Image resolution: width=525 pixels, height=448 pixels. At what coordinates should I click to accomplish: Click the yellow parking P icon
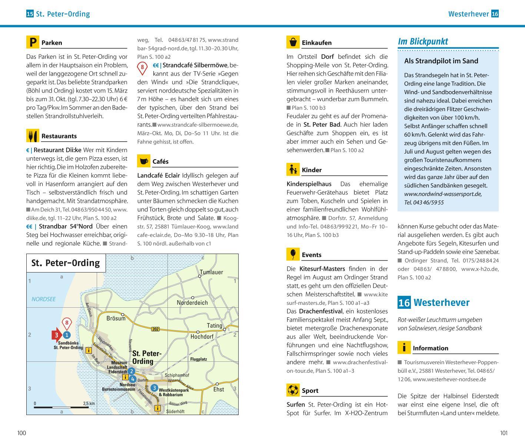(33, 42)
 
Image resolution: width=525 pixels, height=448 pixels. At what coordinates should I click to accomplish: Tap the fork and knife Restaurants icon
(33, 136)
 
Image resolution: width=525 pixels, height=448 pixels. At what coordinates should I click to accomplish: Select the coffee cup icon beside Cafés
(144, 161)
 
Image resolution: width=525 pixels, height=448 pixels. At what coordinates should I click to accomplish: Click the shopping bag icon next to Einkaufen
(293, 42)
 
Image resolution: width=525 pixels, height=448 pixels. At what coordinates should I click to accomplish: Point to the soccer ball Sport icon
(293, 390)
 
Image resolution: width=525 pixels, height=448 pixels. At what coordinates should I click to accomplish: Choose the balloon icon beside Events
(293, 254)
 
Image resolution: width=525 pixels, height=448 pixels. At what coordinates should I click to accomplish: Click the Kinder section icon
(293, 170)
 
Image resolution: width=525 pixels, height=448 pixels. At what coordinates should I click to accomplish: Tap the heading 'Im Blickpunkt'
(423, 41)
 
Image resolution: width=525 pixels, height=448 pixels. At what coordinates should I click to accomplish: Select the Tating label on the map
(214, 325)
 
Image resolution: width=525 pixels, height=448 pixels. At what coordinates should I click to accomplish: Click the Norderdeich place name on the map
(192, 302)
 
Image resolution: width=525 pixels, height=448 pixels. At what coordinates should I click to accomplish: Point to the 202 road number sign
(155, 329)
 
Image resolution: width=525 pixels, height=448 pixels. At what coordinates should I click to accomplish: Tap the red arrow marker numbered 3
(56, 335)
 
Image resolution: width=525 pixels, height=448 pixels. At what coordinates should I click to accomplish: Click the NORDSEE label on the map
(43, 299)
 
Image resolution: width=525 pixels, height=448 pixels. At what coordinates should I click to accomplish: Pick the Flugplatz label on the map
(199, 359)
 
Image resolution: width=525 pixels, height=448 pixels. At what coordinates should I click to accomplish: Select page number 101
(504, 433)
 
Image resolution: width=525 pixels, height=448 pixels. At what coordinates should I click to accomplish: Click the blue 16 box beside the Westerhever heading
(404, 302)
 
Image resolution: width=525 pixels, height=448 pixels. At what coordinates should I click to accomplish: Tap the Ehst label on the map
(219, 390)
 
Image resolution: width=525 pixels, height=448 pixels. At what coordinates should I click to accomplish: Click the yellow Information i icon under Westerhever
(404, 348)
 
